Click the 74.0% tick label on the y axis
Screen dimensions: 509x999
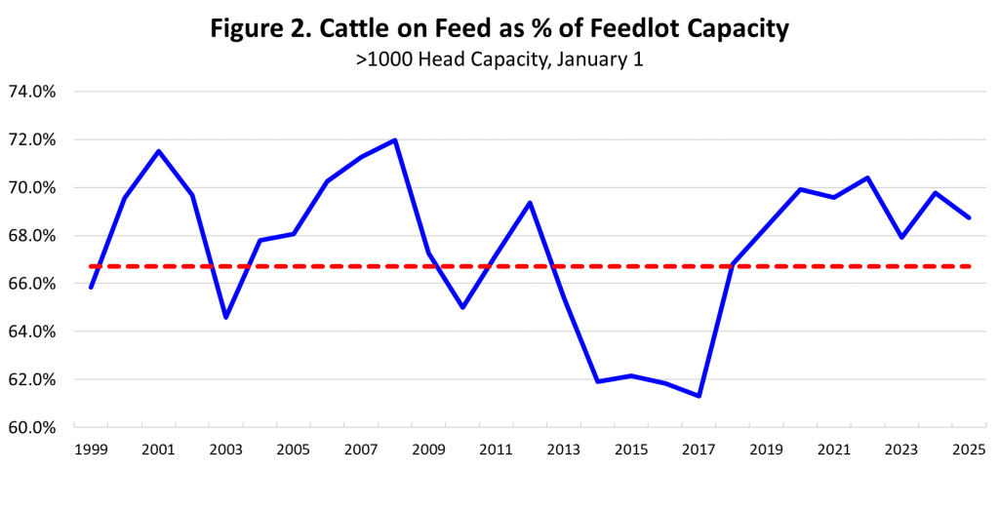31,92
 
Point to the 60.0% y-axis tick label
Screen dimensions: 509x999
31,428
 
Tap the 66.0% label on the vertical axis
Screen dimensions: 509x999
31,284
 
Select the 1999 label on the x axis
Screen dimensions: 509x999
90,450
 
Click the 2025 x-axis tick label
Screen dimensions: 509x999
968,450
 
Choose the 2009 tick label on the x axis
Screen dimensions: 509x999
428,450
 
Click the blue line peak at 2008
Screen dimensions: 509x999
395,139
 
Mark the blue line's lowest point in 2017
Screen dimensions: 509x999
699,396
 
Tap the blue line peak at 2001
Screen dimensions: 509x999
158,151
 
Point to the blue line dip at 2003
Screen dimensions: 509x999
225,317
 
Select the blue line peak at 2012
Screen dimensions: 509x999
530,203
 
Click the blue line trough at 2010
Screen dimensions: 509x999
462,307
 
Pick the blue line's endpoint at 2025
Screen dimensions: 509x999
969,217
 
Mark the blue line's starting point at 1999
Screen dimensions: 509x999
91,287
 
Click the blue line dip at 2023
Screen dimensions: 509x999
901,237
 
